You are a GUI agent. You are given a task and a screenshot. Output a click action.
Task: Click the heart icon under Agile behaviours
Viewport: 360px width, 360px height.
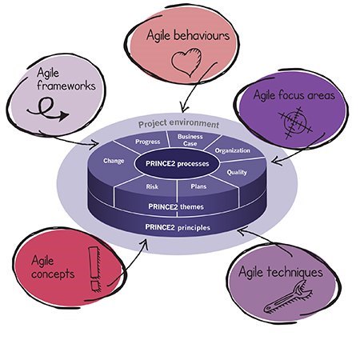(x=186, y=62)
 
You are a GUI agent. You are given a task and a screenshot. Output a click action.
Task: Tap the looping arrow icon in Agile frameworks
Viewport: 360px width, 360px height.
(x=48, y=109)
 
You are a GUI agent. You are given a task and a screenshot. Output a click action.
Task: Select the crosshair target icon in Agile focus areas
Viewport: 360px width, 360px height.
(x=294, y=122)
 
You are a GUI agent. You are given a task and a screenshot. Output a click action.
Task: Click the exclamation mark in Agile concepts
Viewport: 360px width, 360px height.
(x=94, y=269)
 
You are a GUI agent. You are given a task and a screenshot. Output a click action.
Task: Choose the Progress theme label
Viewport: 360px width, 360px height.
(x=147, y=142)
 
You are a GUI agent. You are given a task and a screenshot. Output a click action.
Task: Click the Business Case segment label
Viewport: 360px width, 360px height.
(x=190, y=140)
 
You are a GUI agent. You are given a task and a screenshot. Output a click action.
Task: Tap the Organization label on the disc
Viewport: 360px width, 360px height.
(x=233, y=150)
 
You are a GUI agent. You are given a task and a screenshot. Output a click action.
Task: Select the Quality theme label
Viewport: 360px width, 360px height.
(x=237, y=173)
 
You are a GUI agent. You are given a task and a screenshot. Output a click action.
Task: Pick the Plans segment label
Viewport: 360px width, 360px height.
(x=198, y=186)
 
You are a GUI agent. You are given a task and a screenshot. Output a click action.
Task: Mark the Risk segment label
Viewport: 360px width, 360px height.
(x=152, y=186)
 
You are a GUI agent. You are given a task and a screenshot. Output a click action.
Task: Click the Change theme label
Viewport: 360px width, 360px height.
(x=114, y=161)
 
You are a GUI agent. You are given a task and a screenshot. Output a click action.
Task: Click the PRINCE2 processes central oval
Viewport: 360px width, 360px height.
(x=178, y=163)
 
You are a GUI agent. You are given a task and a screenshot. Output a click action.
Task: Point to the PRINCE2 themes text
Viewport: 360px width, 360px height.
(x=176, y=206)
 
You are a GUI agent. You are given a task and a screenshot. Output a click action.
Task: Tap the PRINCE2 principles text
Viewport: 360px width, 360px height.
(x=178, y=227)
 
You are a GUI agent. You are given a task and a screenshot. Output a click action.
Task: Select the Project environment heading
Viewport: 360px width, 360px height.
(x=178, y=124)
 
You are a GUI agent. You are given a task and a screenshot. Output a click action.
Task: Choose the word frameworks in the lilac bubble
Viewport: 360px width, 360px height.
(x=66, y=86)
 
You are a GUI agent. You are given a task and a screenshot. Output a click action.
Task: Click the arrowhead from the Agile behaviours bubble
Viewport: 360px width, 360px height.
(x=183, y=109)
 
